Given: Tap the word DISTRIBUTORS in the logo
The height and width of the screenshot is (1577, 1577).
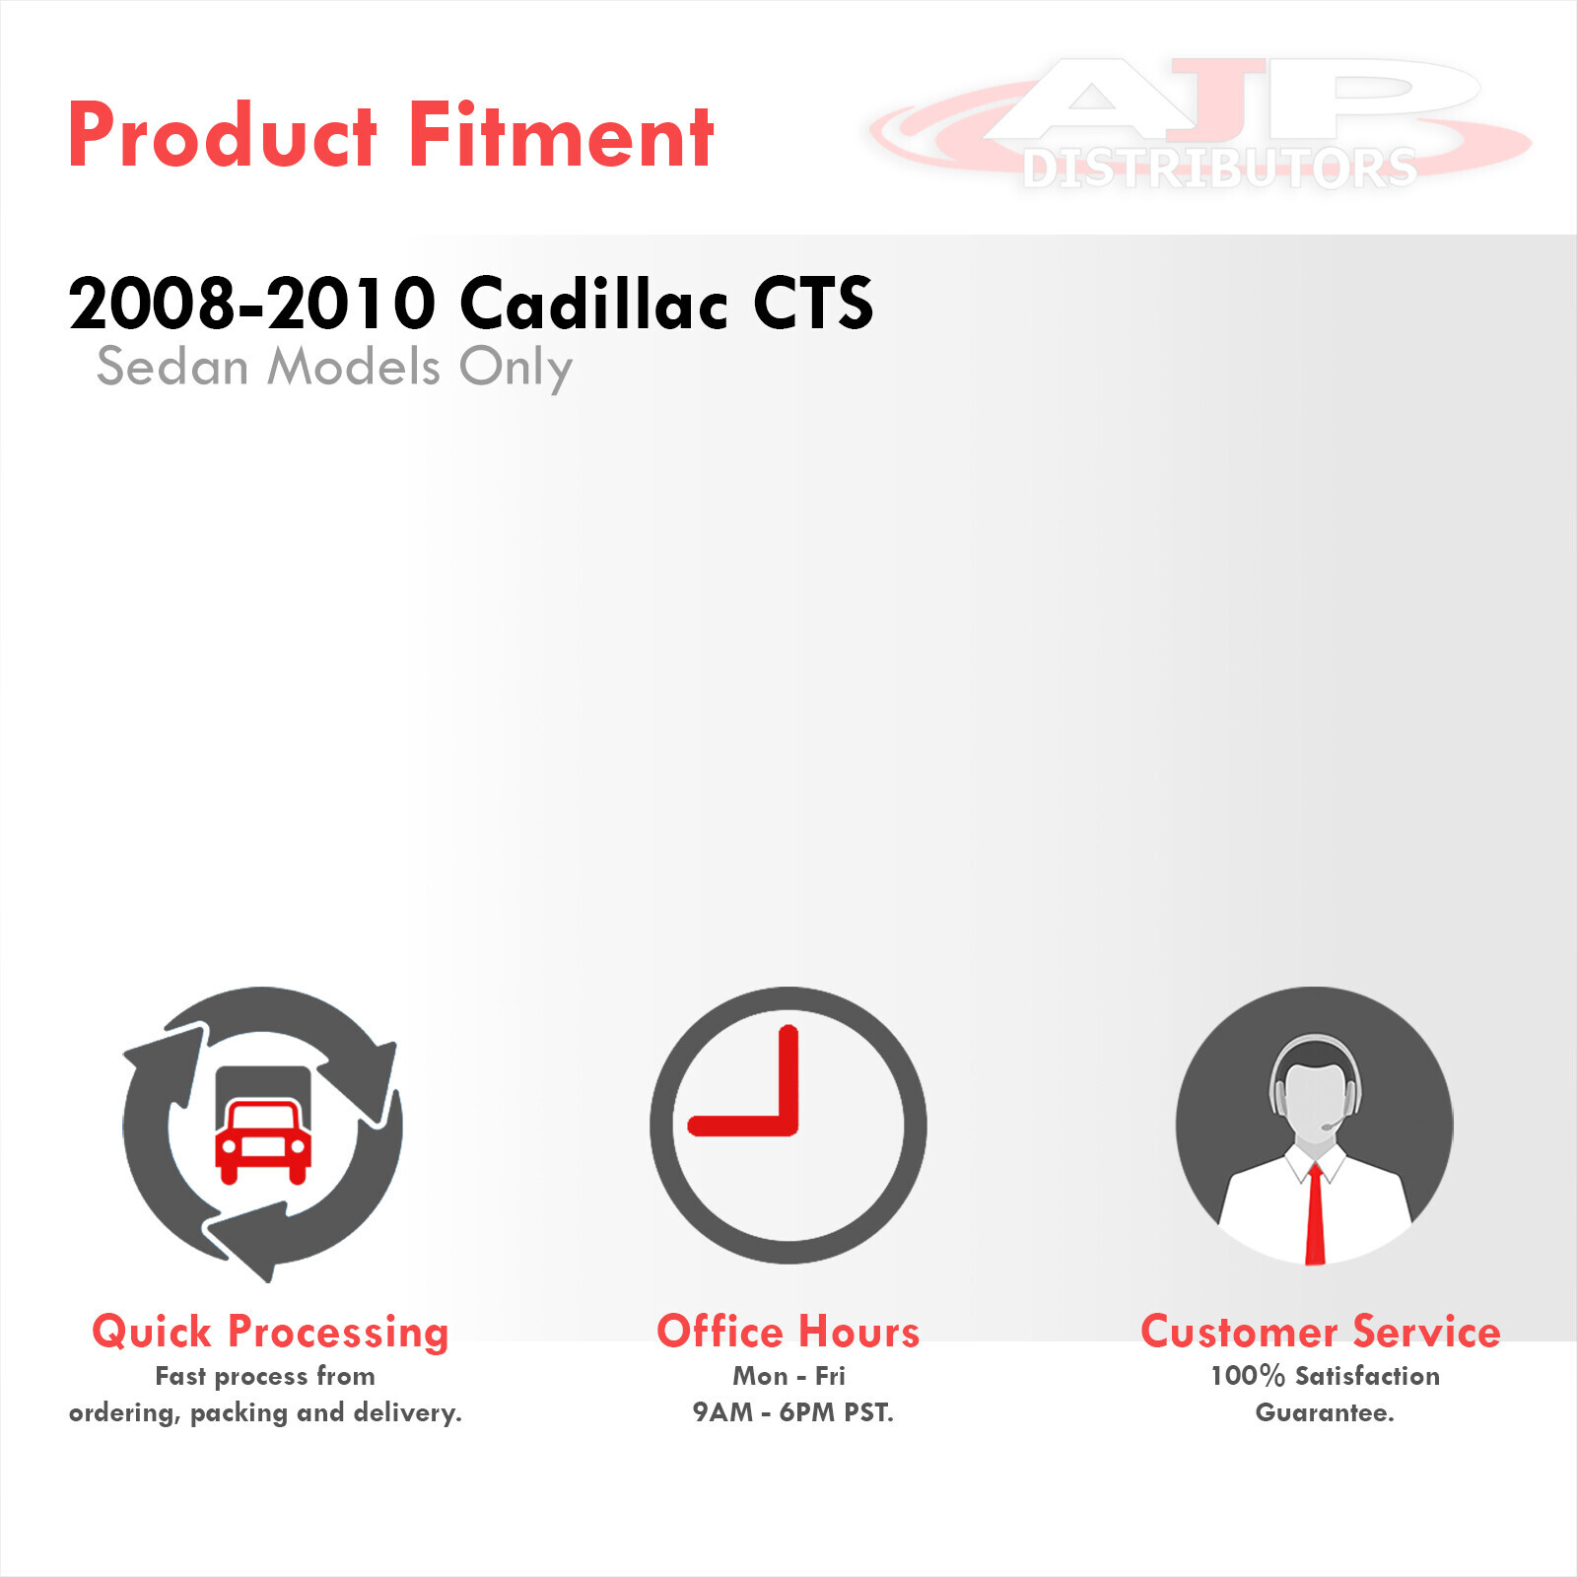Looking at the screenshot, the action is pyautogui.click(x=1219, y=168).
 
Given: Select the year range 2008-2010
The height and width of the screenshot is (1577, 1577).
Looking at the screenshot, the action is pyautogui.click(x=252, y=303).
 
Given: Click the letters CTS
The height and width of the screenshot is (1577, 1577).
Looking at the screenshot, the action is pyautogui.click(x=813, y=303).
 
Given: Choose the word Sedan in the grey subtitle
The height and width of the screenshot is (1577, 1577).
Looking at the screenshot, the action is pyautogui.click(x=172, y=367).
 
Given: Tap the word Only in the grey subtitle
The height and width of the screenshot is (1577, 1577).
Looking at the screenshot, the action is pyautogui.click(x=515, y=369).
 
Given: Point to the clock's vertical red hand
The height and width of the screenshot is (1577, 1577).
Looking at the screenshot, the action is pyautogui.click(x=788, y=1079).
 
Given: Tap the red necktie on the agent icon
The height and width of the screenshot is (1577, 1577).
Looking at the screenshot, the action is pyautogui.click(x=1315, y=1214).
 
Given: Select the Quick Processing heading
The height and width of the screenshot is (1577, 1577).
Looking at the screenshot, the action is pyautogui.click(x=270, y=1333).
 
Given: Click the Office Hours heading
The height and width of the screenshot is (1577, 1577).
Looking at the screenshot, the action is pyautogui.click(x=788, y=1332).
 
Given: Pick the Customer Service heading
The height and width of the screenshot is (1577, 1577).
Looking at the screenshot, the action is pyautogui.click(x=1321, y=1332).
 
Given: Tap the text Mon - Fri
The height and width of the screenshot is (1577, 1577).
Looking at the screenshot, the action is pyautogui.click(x=788, y=1376).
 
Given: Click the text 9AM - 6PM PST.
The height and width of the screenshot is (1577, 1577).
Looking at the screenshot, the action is pyautogui.click(x=792, y=1412).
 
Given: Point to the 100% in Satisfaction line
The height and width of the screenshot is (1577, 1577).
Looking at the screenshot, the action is pyautogui.click(x=1248, y=1376).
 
